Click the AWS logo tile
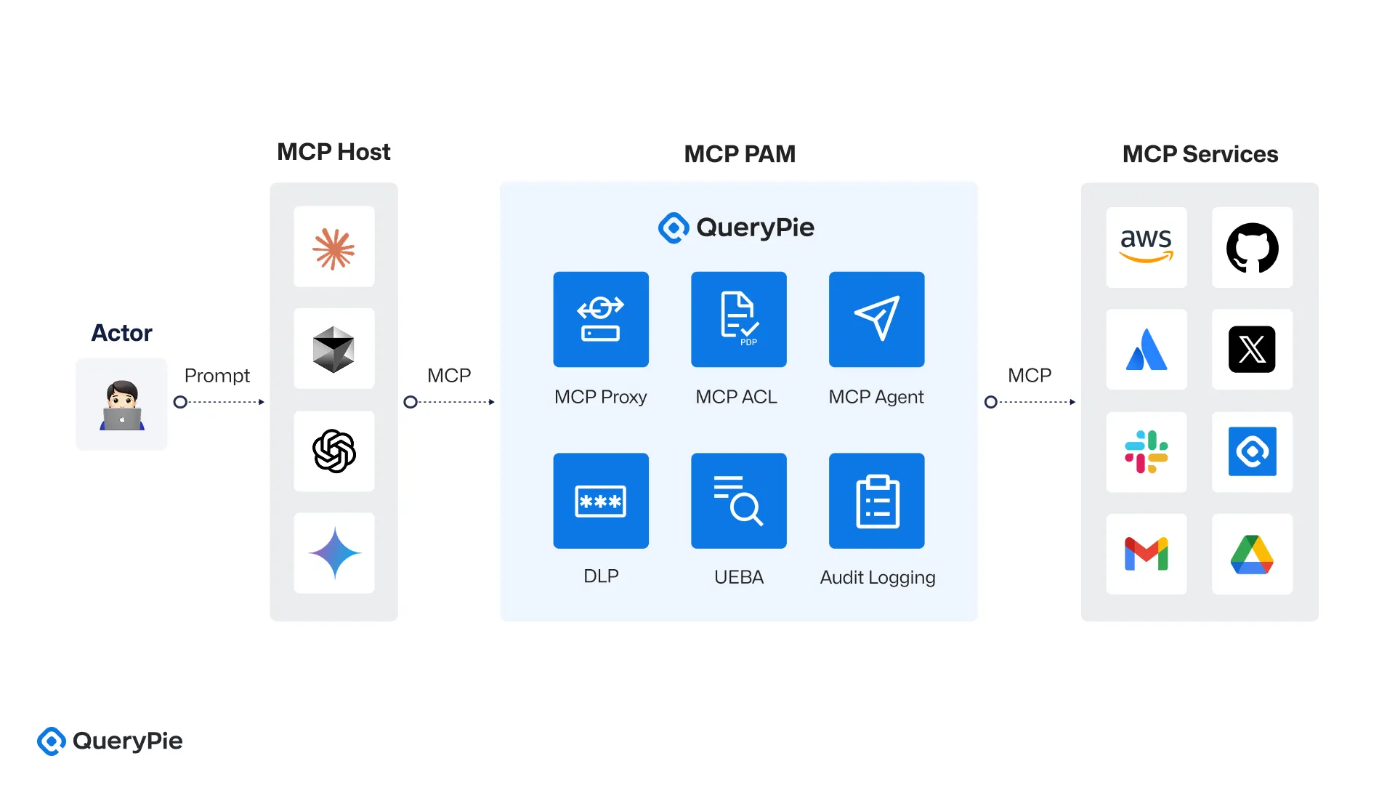click(1146, 247)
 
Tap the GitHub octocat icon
click(1252, 247)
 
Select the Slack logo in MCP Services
click(1146, 451)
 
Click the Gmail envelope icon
click(1146, 554)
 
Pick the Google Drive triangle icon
click(1252, 554)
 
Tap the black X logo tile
click(1252, 349)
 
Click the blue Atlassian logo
click(1146, 349)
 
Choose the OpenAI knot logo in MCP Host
click(334, 451)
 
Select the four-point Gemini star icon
click(334, 553)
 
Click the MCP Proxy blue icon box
click(601, 319)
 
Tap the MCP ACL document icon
click(739, 319)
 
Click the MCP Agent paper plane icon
click(877, 319)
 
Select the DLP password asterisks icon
click(601, 501)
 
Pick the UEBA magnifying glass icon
click(739, 501)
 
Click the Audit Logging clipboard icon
click(877, 501)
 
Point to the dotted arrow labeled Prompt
click(221, 402)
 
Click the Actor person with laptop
click(122, 405)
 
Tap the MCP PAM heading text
click(740, 154)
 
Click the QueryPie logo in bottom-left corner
click(110, 741)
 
